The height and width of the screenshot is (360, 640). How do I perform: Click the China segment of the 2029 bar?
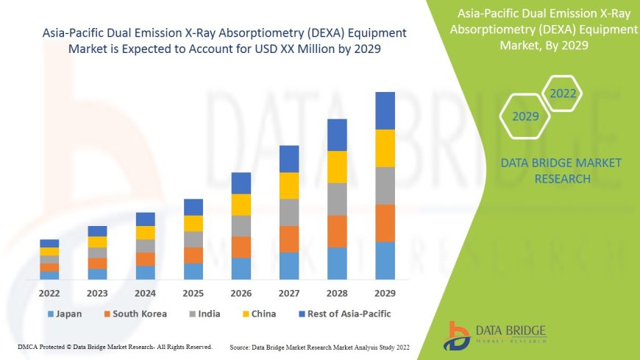(385, 148)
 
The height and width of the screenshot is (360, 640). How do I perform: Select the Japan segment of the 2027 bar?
(289, 266)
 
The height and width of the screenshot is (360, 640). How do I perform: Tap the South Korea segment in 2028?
(337, 231)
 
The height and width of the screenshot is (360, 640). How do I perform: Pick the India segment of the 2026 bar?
(241, 225)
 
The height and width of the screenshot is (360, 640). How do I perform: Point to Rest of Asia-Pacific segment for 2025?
(193, 207)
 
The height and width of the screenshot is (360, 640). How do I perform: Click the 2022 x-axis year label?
(50, 292)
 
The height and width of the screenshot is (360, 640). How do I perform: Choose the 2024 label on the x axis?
(146, 292)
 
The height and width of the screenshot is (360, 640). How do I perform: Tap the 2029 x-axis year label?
(385, 292)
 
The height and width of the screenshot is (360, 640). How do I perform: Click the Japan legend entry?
(65, 314)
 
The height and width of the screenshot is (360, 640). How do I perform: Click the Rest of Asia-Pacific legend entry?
(344, 314)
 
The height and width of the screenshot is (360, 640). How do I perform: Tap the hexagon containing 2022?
(563, 93)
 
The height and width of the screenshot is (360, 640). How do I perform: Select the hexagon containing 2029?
(525, 116)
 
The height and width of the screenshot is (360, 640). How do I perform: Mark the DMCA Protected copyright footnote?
(115, 346)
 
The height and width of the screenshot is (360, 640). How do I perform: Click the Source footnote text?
(319, 346)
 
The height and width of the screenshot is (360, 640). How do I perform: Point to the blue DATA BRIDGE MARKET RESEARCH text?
(561, 170)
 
